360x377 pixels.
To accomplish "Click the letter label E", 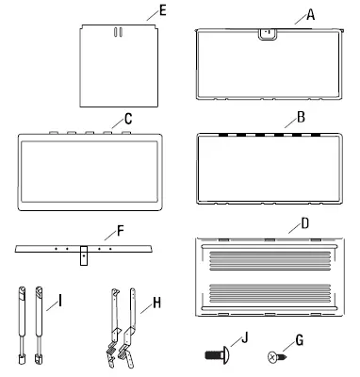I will click(163, 11).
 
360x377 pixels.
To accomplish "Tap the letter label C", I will click(115, 120).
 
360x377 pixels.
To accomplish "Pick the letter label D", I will click(303, 225).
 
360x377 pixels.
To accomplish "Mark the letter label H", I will click(143, 304).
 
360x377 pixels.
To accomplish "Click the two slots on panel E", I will click(118, 32).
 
